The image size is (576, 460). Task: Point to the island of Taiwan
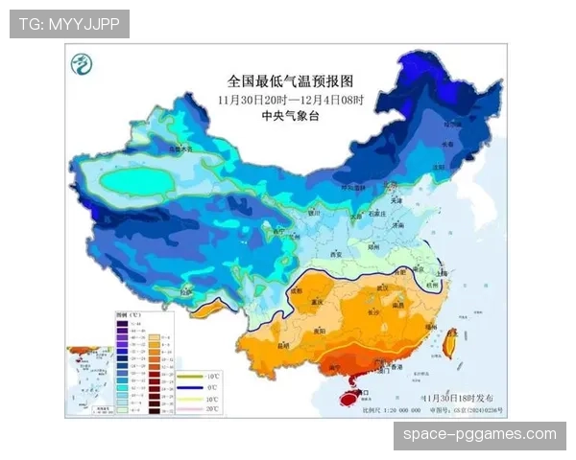pos(449,342)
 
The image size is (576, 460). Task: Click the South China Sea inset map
pos(88,379)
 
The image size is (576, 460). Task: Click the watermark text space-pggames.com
pos(479,435)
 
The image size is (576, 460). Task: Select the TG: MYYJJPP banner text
pos(69,24)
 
